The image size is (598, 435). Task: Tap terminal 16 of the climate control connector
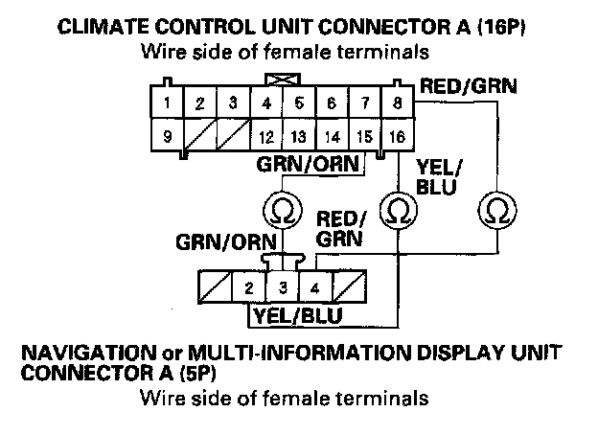(x=398, y=136)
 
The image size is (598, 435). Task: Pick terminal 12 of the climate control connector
(x=267, y=136)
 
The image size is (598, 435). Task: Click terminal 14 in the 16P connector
(x=332, y=136)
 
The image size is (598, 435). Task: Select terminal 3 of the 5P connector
(x=282, y=286)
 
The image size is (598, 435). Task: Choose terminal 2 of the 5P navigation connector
(x=248, y=286)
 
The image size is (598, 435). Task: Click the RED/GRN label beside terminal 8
(x=468, y=87)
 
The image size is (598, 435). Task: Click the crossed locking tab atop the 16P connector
(x=282, y=80)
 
